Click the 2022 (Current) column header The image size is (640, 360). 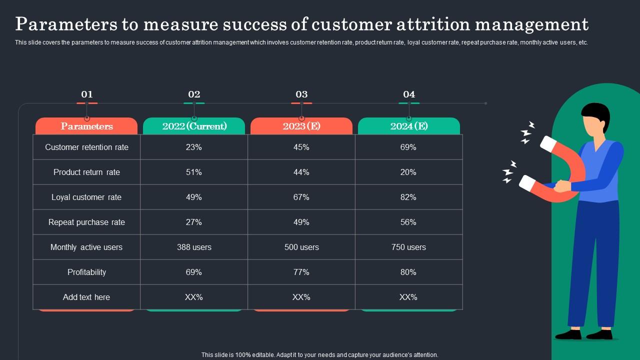click(194, 126)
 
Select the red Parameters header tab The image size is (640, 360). click(86, 126)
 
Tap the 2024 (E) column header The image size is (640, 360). click(409, 126)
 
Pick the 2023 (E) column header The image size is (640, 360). click(301, 126)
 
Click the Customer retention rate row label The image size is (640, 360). click(86, 147)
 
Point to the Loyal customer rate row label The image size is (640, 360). click(86, 197)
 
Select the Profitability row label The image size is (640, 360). click(86, 272)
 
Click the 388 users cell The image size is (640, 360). click(194, 247)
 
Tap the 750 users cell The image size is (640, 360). click(408, 247)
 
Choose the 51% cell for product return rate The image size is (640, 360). click(194, 172)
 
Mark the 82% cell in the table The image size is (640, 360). click(408, 197)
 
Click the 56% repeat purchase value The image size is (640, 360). click(408, 222)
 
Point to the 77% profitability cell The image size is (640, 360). click(301, 272)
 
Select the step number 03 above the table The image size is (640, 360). click(301, 94)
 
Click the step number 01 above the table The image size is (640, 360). click(87, 94)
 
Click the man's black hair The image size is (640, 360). click(596, 112)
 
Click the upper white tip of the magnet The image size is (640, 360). click(548, 144)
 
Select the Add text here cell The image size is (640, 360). click(86, 297)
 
